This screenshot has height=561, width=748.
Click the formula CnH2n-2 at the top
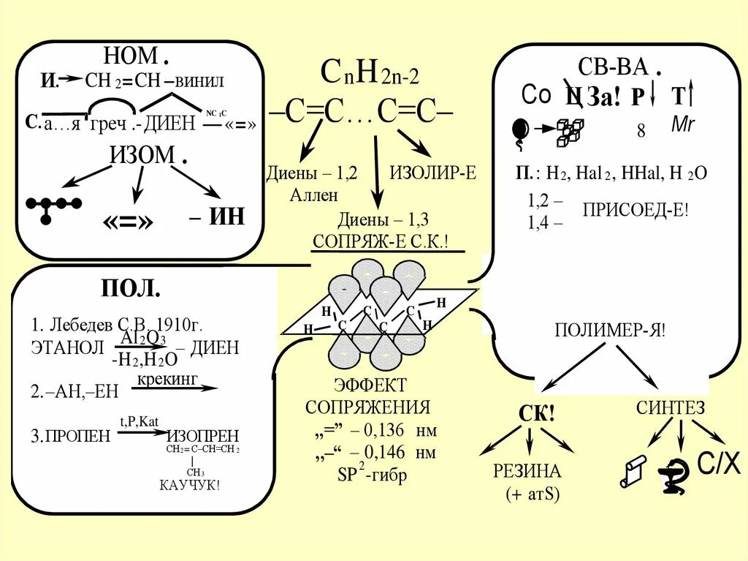[x=370, y=74]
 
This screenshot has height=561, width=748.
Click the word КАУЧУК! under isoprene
[x=189, y=485]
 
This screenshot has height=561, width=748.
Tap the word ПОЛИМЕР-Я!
[x=609, y=329]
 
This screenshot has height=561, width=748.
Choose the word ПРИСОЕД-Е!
[x=635, y=210]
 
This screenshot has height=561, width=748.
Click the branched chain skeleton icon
[x=53, y=206]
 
